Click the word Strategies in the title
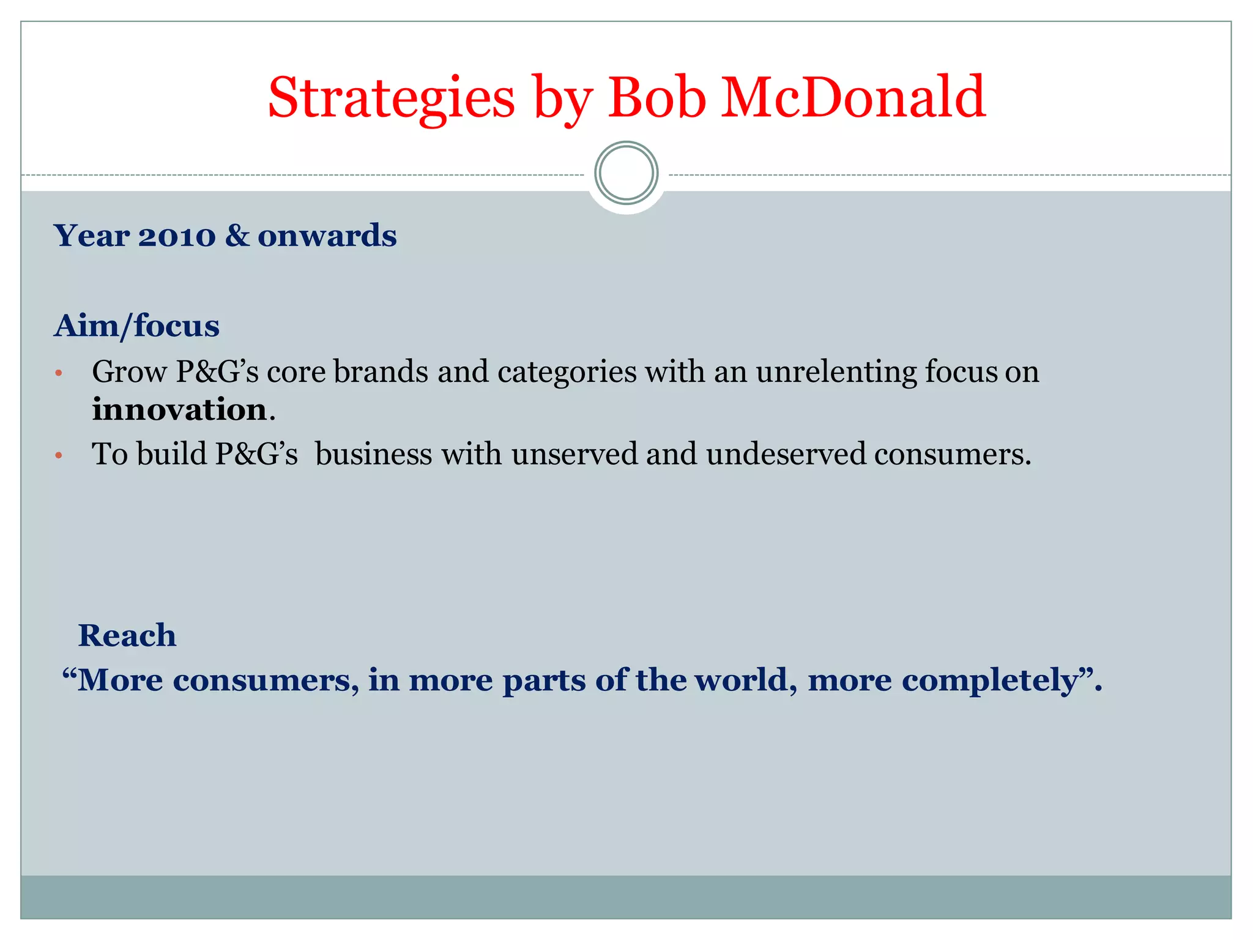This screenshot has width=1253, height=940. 392,98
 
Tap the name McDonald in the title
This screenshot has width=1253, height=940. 853,98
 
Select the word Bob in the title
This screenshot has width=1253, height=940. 656,98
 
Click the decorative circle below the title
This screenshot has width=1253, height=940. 626,173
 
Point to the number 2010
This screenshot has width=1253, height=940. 177,236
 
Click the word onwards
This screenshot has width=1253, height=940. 327,236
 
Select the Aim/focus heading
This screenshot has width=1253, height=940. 136,326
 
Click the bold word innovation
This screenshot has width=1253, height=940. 179,409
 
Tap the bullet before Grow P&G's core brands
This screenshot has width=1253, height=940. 59,373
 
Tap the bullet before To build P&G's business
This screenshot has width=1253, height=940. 59,455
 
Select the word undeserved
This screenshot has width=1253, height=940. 786,454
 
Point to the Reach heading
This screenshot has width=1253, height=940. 127,635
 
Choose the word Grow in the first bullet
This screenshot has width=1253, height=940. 129,371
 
